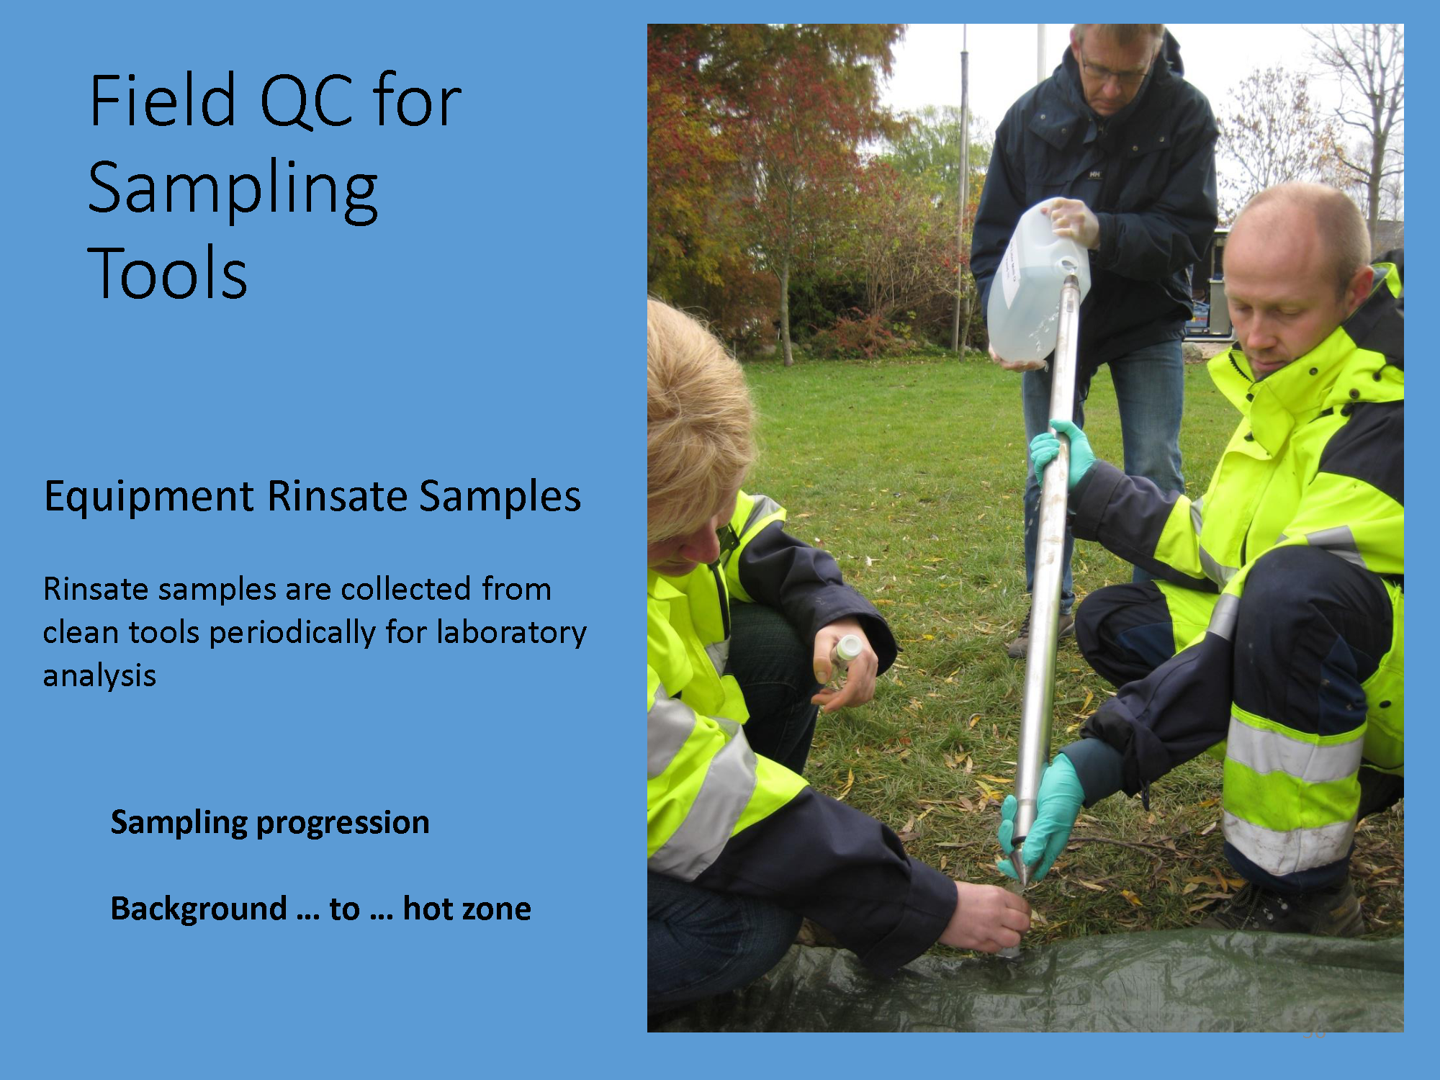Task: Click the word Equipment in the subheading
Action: click(149, 498)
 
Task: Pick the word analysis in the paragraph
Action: click(99, 676)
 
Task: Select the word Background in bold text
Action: click(199, 909)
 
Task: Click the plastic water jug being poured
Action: click(1036, 281)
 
